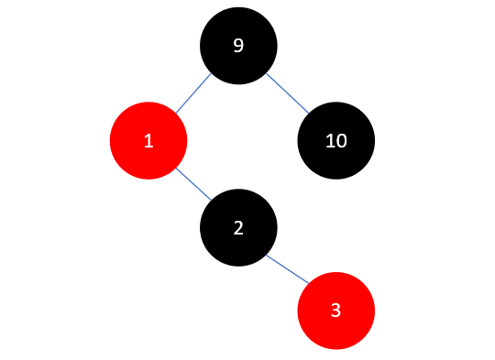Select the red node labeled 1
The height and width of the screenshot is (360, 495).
point(148,141)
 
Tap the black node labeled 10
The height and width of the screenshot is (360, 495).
point(335,141)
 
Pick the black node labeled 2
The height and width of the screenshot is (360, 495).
point(238,227)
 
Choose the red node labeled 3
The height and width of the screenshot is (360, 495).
point(335,310)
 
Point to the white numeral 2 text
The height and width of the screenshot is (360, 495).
point(238,227)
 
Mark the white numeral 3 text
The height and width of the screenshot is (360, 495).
point(335,310)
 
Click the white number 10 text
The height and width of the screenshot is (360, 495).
point(335,141)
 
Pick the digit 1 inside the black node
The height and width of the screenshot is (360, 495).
point(330,141)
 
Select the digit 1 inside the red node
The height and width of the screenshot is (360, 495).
point(148,141)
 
